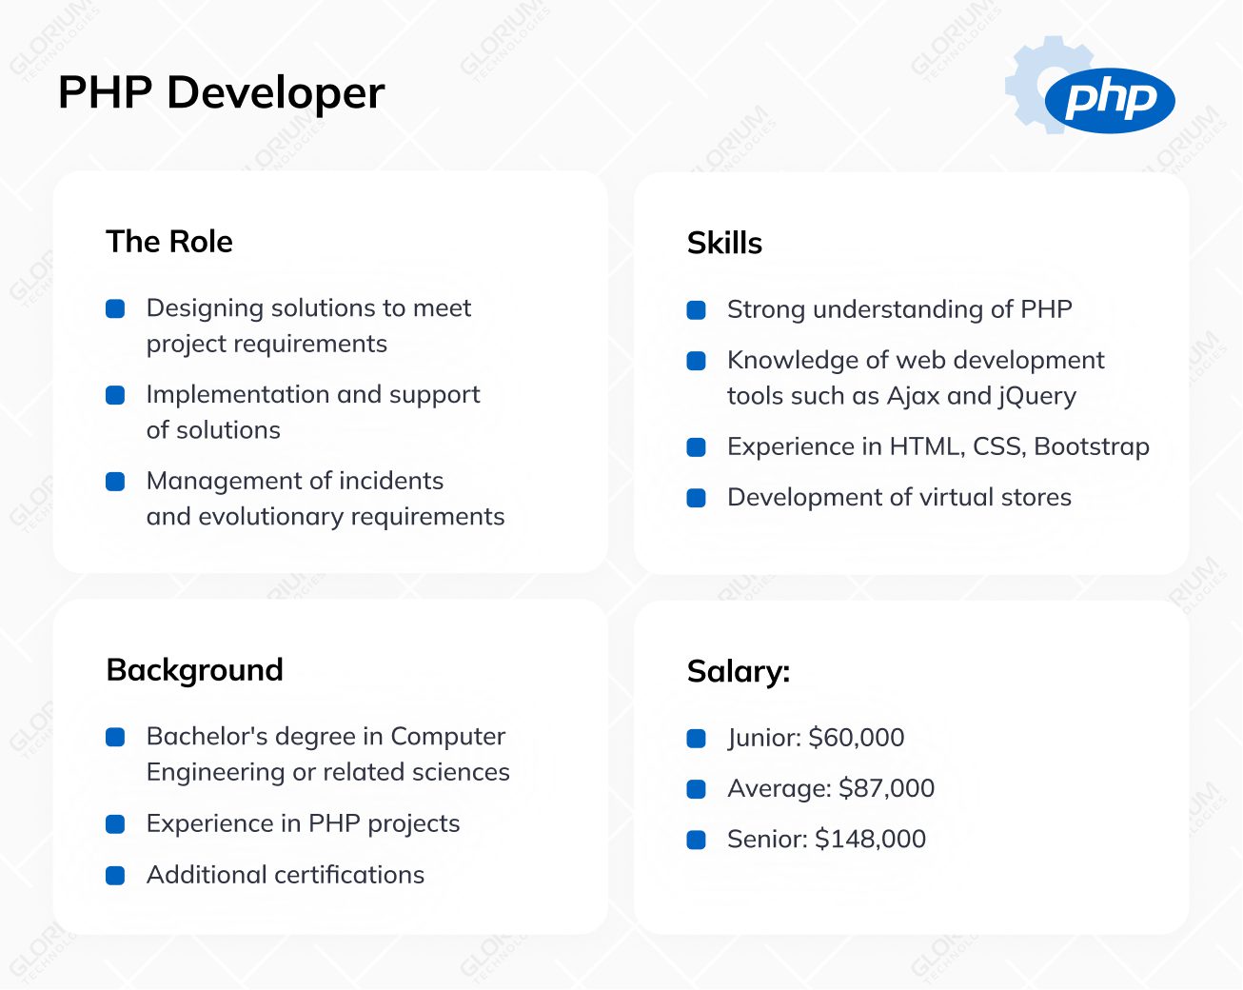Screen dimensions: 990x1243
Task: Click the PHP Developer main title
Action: click(x=221, y=93)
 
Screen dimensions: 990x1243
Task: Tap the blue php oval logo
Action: click(x=1109, y=100)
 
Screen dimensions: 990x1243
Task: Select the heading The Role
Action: click(x=169, y=242)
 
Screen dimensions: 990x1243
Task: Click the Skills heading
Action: click(x=724, y=244)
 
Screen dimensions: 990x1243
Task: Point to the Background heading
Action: click(x=194, y=670)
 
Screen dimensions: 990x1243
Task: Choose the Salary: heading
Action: click(x=738, y=672)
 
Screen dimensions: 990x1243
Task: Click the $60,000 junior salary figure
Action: click(x=856, y=738)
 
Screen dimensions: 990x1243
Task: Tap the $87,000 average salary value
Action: click(x=886, y=788)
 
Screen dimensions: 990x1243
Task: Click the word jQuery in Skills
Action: click(x=1037, y=396)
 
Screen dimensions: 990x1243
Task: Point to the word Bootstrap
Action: click(x=1092, y=446)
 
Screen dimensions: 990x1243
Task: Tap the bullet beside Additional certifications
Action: click(x=115, y=876)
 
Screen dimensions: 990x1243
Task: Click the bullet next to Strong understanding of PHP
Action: click(x=697, y=310)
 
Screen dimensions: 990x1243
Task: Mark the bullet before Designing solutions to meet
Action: click(x=115, y=308)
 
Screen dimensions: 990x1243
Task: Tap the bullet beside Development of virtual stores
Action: click(x=697, y=498)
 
